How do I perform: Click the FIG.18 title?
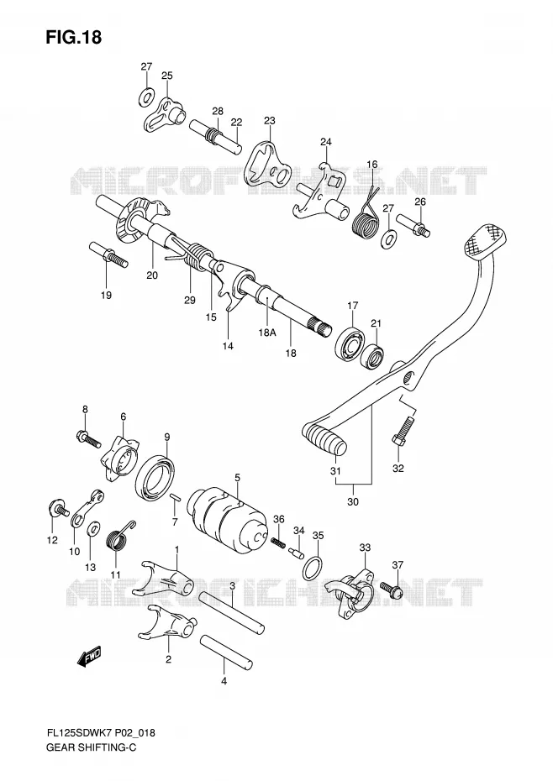[74, 37]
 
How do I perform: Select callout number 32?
[398, 469]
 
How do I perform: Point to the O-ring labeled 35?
[312, 569]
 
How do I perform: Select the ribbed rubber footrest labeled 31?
[324, 438]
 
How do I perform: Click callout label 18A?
[266, 333]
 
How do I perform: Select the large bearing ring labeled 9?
[155, 477]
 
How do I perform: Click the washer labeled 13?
[93, 528]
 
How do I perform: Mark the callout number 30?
[352, 501]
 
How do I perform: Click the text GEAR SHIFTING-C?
[91, 747]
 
